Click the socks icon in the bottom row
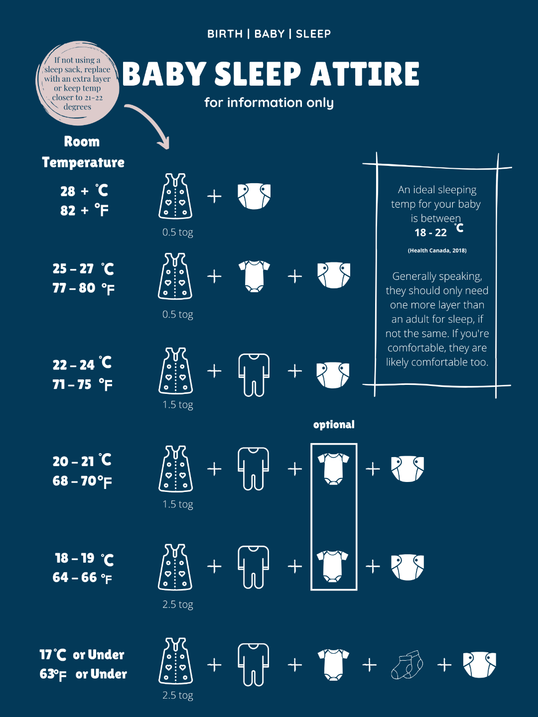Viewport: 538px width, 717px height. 407,665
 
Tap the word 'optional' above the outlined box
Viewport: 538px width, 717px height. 334,425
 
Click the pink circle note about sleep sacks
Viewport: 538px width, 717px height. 77,83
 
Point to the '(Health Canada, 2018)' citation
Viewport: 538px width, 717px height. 437,250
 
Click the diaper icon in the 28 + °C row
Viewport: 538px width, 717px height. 254,196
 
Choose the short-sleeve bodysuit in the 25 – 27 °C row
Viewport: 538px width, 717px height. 254,276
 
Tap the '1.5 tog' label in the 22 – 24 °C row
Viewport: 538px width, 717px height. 178,405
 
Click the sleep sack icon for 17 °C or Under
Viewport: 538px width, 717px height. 176,661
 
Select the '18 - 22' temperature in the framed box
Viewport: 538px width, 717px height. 430,233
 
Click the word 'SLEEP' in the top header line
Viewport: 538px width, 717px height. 313,34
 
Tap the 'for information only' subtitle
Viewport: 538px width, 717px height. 269,103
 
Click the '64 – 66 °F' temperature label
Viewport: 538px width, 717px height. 82,578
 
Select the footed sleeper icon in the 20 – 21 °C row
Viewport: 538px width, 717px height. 254,469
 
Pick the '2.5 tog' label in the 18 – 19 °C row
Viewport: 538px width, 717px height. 178,604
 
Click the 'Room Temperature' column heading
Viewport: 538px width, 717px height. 83,152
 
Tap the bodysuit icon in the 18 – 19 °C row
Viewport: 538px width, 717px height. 333,567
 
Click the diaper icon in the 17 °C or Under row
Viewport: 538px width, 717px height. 480,665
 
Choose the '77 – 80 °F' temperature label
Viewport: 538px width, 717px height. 84,288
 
